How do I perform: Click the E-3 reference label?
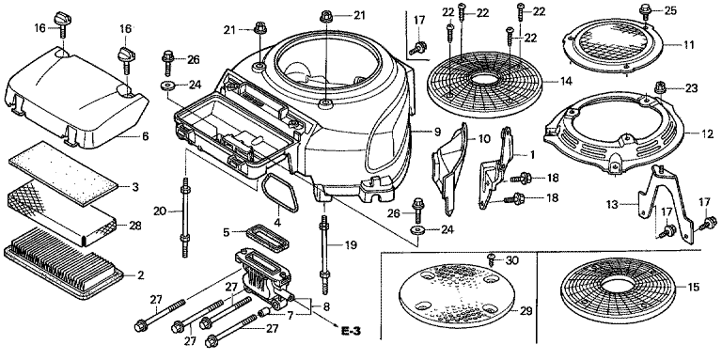click(351, 330)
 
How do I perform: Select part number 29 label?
click(526, 311)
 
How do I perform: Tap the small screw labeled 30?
click(492, 260)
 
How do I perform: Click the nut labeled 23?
click(660, 86)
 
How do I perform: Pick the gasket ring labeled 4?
click(279, 195)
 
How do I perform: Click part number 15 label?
click(694, 288)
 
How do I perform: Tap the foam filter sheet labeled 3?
click(64, 174)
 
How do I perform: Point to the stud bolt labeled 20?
click(185, 217)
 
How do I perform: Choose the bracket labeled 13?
click(666, 202)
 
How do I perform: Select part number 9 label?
click(437, 132)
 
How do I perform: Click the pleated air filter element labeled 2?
click(64, 263)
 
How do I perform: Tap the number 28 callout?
click(135, 226)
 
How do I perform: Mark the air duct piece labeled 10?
click(450, 167)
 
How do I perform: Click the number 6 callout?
click(145, 135)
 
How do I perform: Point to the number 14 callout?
click(566, 82)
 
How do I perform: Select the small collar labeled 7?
click(265, 313)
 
